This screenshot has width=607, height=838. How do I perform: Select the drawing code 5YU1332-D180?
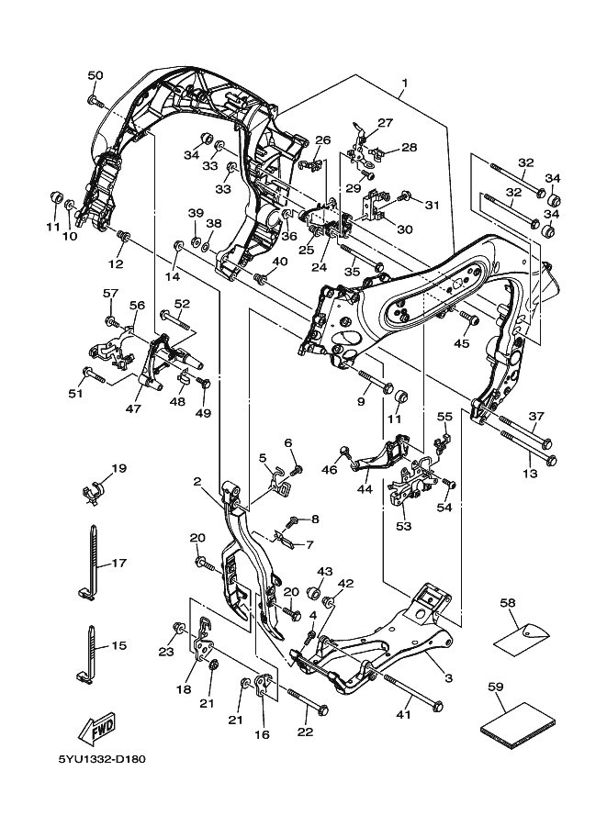tap(101, 760)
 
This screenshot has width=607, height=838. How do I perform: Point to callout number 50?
tap(96, 75)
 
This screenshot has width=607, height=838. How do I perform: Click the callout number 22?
tap(305, 732)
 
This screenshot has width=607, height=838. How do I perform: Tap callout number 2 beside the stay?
tap(197, 482)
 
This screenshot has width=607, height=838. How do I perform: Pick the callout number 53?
tap(404, 526)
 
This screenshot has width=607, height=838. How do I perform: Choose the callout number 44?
tap(365, 489)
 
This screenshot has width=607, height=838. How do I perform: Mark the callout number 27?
tap(384, 123)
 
